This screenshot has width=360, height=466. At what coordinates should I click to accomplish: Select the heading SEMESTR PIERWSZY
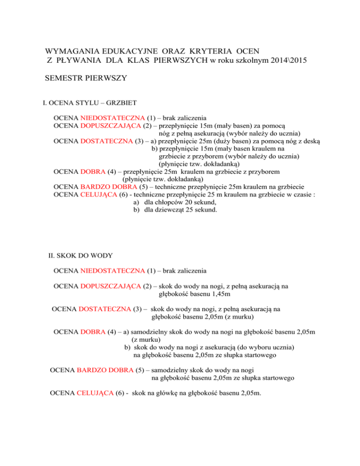tap(86, 79)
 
